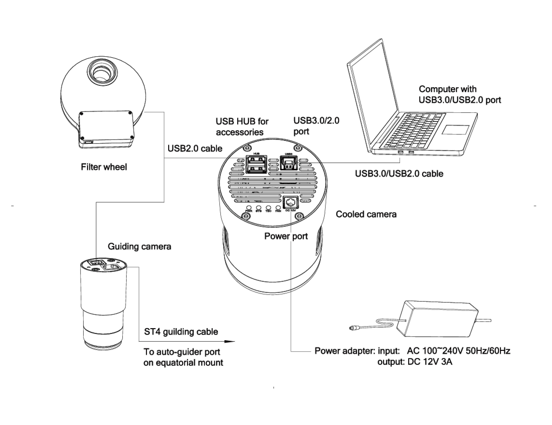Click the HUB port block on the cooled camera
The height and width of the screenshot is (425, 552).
pyautogui.click(x=256, y=164)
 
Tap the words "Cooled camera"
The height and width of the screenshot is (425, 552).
pyautogui.click(x=366, y=214)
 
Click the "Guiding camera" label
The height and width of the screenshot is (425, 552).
pyautogui.click(x=139, y=246)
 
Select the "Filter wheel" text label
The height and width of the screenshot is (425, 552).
pyautogui.click(x=104, y=167)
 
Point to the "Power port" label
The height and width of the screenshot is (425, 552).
pyautogui.click(x=286, y=236)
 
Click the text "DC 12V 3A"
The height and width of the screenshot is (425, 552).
pyautogui.click(x=430, y=362)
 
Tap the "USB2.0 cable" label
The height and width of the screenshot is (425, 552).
pyautogui.click(x=195, y=148)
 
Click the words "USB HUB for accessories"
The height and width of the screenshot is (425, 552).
pyautogui.click(x=242, y=127)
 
